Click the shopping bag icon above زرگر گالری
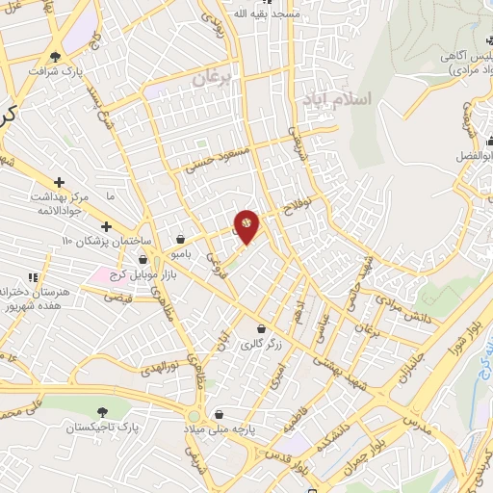[260, 328]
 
